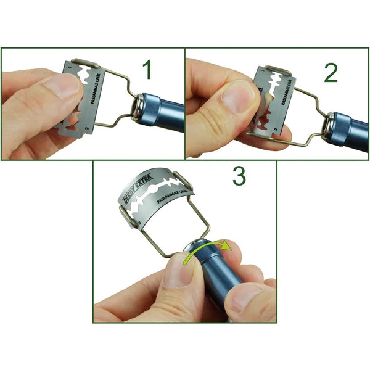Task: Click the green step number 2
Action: (x=331, y=72)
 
